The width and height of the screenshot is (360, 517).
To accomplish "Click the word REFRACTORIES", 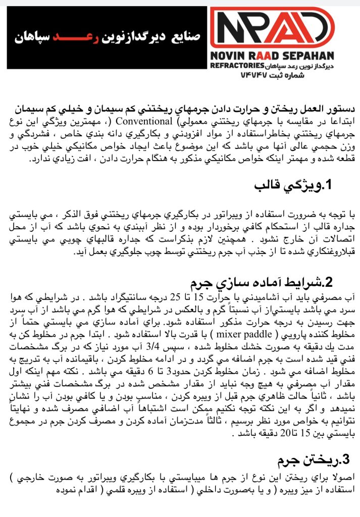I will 236,66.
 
